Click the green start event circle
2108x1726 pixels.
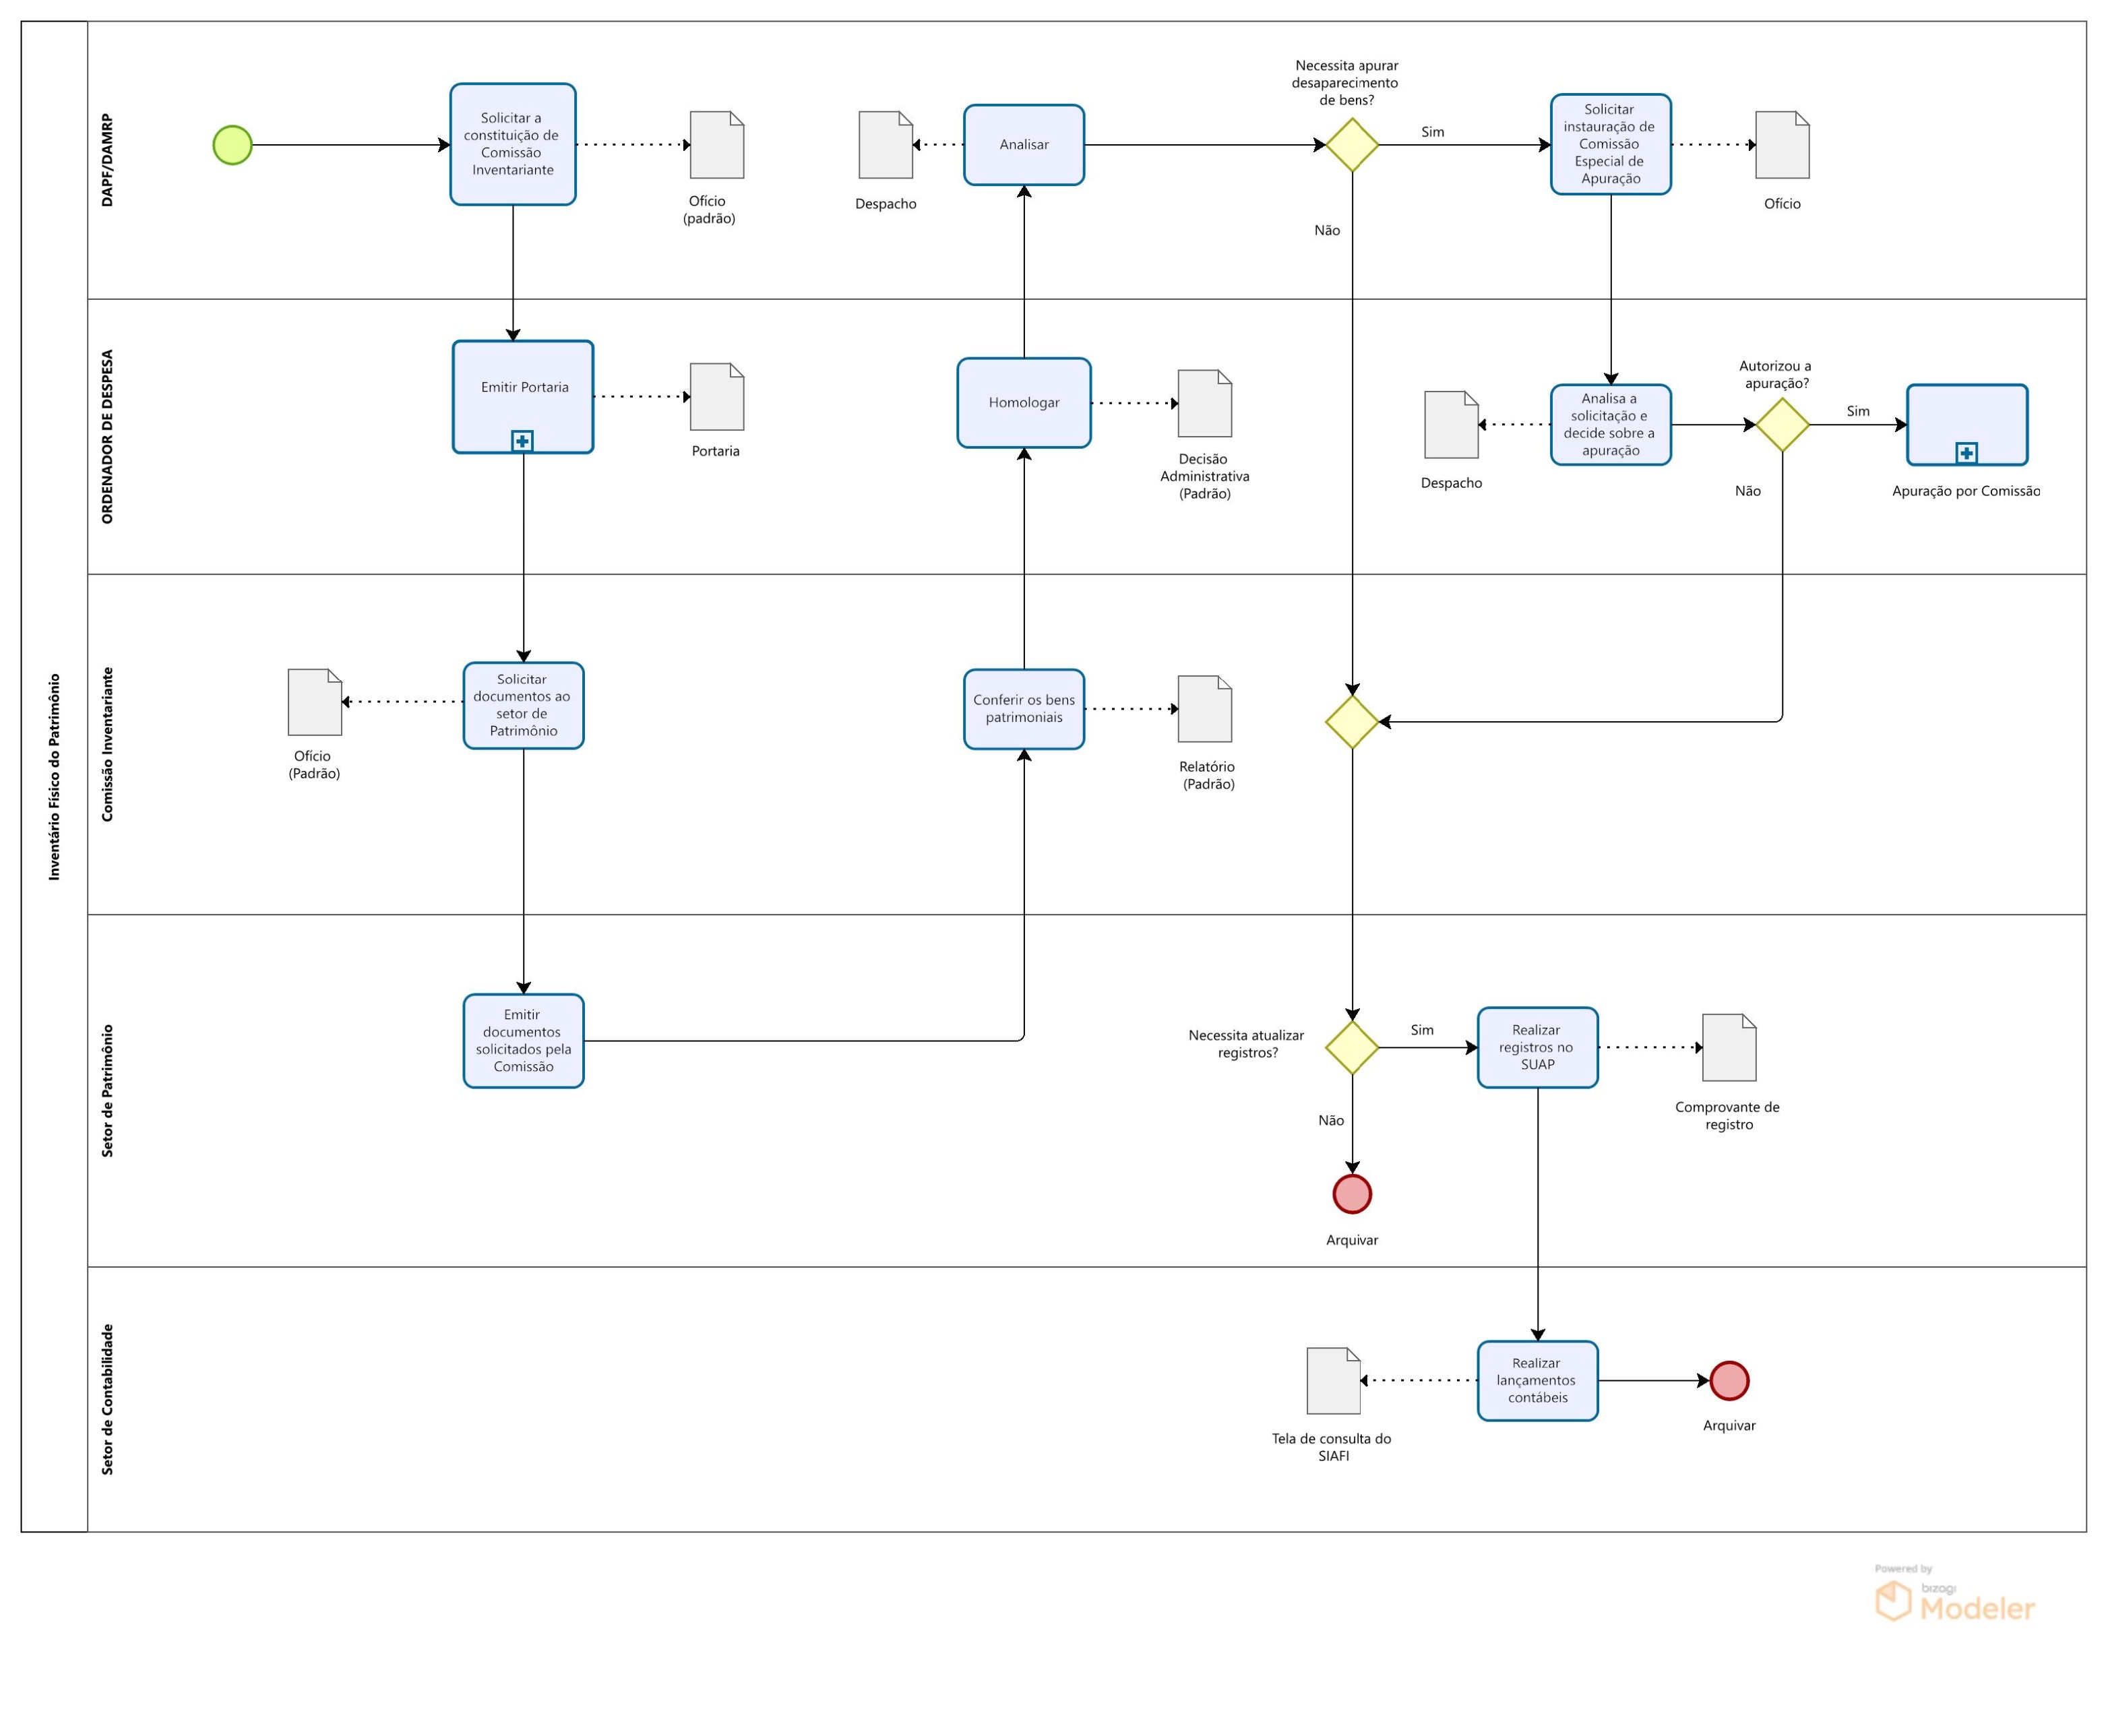point(232,145)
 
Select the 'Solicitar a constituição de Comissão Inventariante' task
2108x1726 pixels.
point(512,144)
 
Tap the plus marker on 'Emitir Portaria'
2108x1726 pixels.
point(522,441)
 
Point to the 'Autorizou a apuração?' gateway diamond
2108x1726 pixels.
point(1781,425)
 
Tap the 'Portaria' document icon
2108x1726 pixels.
point(717,397)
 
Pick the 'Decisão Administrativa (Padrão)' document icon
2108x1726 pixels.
point(1204,404)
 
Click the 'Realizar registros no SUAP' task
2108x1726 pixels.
point(1537,1047)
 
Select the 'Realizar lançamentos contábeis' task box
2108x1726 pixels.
point(1537,1380)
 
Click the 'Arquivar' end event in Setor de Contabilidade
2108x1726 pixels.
point(1729,1380)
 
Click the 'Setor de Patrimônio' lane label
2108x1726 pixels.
point(107,1090)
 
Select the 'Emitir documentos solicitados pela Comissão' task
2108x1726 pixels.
point(523,1040)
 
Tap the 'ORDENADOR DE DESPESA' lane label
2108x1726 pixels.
point(107,437)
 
